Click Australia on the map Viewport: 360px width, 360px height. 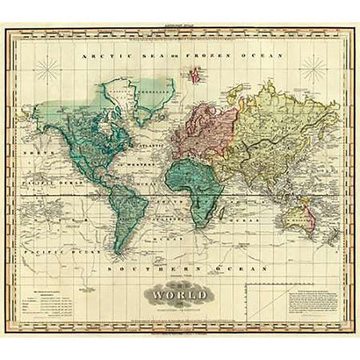[x=297, y=212]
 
